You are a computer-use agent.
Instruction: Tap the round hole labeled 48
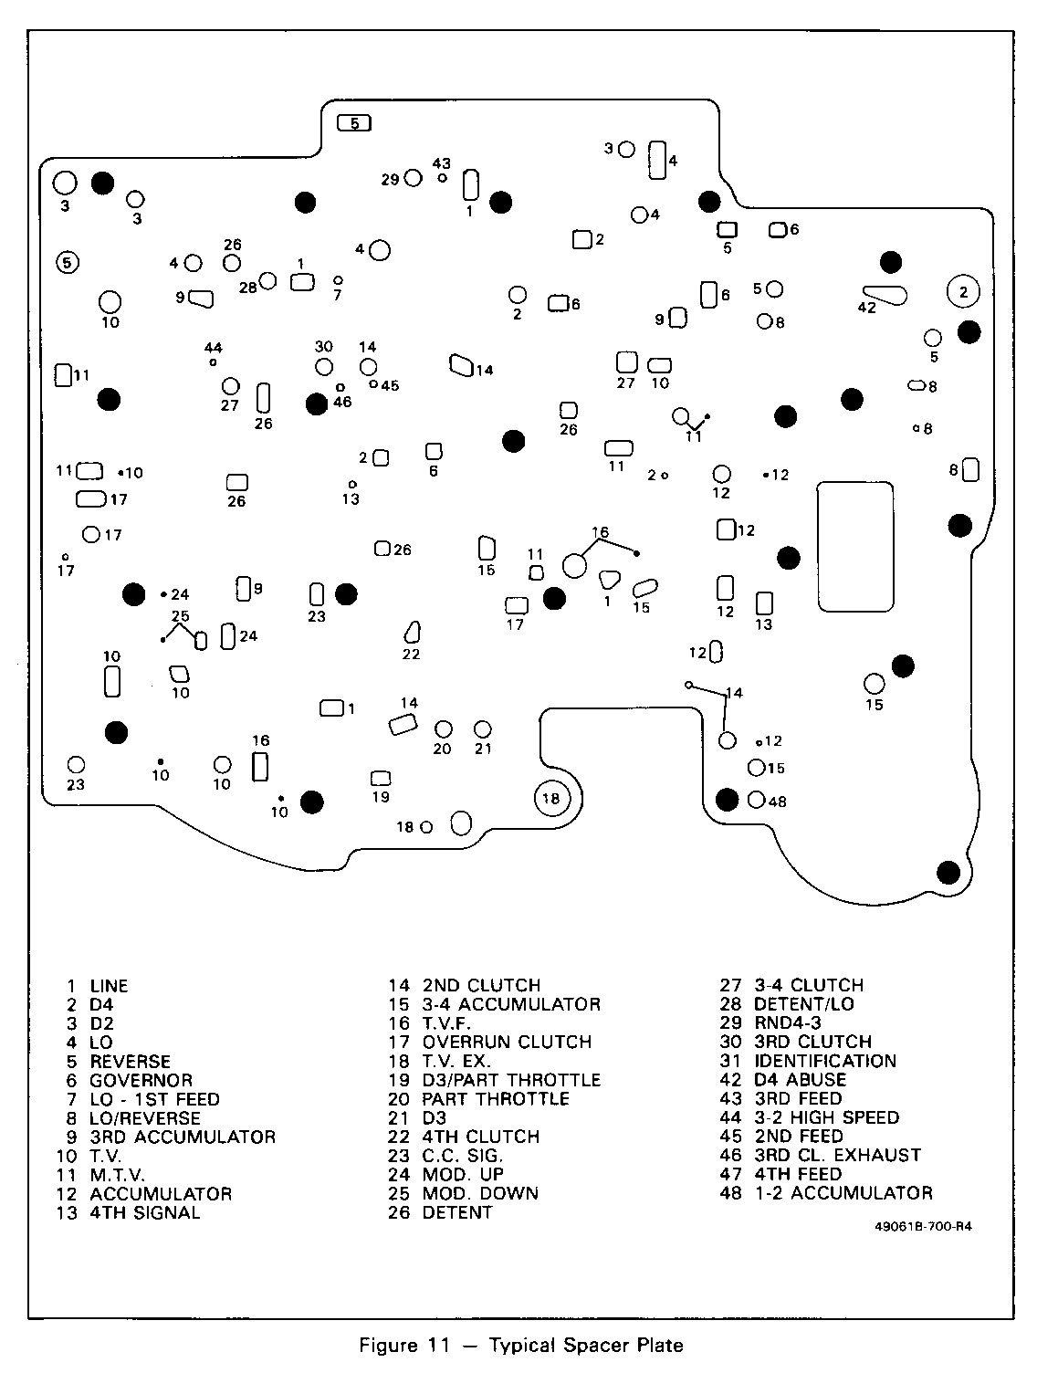(756, 801)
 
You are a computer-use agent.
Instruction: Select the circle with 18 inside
(551, 799)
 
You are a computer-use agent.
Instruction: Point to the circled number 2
(962, 291)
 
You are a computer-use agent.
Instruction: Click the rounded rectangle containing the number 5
(354, 121)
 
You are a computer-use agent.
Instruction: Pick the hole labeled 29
(413, 178)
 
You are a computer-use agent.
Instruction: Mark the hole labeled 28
(268, 280)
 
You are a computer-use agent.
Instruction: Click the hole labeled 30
(323, 366)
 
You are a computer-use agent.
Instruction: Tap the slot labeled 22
(412, 632)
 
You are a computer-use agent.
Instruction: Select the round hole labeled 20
(444, 728)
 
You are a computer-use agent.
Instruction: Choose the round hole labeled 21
(483, 728)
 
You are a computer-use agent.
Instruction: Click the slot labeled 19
(381, 778)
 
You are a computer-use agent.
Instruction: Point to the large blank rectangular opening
(854, 546)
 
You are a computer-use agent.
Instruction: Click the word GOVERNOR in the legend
(141, 1080)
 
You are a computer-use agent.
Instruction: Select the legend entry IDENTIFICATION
(825, 1061)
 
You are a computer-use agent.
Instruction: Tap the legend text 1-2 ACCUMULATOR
(843, 1193)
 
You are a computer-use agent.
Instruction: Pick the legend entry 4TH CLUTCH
(480, 1137)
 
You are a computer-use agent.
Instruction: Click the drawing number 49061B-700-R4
(923, 1227)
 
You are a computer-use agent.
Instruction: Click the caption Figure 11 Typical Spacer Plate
(521, 1346)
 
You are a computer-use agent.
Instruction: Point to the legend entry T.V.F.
(446, 1023)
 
